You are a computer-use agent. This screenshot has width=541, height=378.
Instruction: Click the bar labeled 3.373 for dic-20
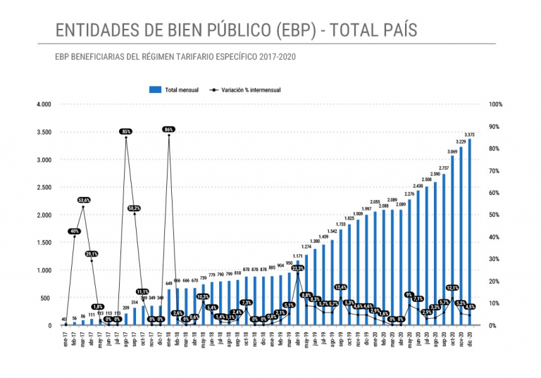(x=470, y=232)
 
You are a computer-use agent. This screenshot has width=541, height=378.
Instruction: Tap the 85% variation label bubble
(x=126, y=132)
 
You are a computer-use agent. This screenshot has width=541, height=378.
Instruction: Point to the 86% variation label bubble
(x=168, y=130)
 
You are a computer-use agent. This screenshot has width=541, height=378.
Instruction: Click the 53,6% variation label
(x=83, y=200)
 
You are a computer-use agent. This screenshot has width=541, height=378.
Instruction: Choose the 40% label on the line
(x=75, y=231)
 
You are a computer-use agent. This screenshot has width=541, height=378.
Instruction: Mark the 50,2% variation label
(x=135, y=208)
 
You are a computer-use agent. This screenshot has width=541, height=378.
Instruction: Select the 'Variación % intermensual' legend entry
(x=251, y=90)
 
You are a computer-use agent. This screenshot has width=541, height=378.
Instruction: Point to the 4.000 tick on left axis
(x=44, y=104)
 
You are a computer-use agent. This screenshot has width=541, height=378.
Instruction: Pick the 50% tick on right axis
(x=495, y=215)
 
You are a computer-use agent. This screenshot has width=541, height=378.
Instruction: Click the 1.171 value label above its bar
(x=297, y=256)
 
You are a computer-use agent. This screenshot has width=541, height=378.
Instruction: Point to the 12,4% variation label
(x=341, y=287)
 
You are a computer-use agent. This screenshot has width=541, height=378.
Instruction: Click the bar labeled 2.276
(x=409, y=263)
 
